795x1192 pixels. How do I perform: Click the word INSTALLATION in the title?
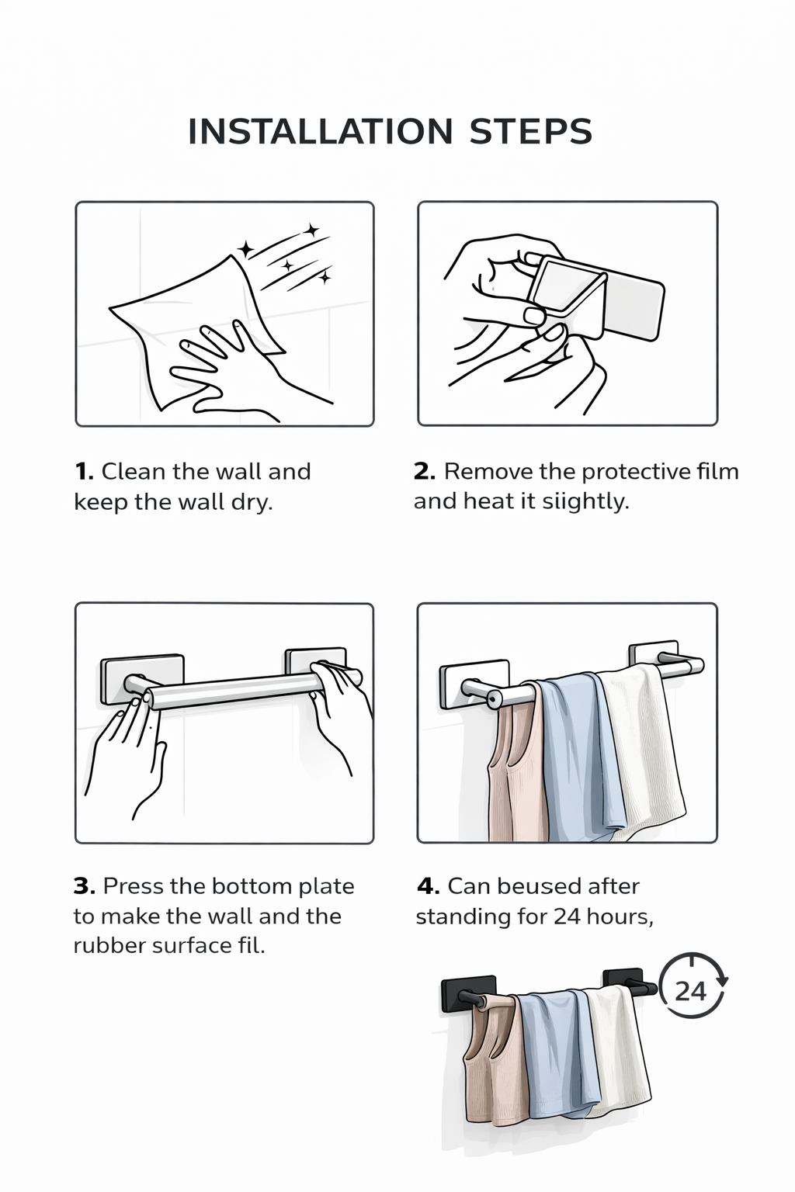(321, 131)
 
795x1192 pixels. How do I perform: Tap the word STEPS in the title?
(531, 131)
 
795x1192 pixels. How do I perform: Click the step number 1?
(84, 472)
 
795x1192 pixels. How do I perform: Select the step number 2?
(425, 472)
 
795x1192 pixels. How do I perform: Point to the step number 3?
(85, 886)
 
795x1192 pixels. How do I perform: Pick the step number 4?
(428, 886)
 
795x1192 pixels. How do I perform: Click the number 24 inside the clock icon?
(690, 992)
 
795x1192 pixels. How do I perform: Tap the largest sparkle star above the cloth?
(246, 249)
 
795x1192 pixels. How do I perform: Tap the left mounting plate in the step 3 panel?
(143, 678)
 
